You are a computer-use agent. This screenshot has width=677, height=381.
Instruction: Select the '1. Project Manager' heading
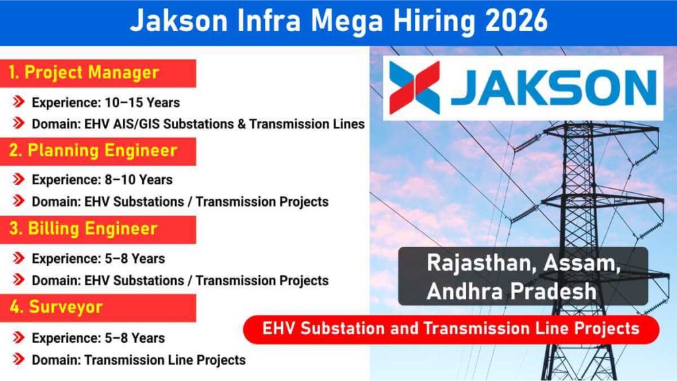point(84,73)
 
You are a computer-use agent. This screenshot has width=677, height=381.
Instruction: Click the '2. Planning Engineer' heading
point(93,151)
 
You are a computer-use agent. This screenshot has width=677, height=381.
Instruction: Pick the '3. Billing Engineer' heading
point(83,228)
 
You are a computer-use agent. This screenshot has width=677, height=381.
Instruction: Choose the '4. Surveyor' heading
point(56,307)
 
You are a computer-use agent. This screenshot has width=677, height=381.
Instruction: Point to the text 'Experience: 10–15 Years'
point(106,102)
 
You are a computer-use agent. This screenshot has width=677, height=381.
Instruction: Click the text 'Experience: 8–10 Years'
point(102,180)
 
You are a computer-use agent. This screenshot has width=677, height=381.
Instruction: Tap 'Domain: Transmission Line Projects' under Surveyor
point(139,360)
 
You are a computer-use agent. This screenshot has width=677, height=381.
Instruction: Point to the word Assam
point(581,262)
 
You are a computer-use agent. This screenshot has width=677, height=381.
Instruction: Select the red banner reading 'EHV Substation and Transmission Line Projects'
point(451,328)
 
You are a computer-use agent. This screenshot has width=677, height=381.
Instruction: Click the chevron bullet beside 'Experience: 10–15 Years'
point(20,102)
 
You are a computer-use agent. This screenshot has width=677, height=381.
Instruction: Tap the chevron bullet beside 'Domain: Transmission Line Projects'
point(20,360)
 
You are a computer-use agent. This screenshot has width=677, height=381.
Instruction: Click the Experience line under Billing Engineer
point(98,258)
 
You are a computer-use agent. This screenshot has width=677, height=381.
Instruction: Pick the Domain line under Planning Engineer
point(180,201)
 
